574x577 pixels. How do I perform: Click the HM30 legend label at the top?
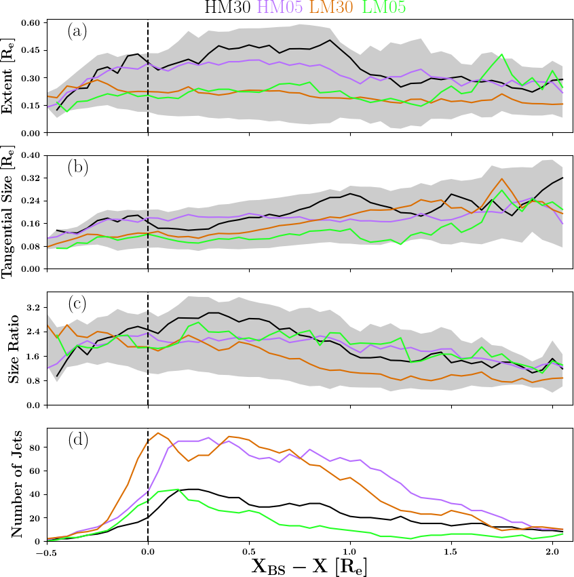[229, 7]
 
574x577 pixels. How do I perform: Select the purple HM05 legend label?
[280, 7]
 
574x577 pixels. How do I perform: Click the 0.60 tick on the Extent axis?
[31, 23]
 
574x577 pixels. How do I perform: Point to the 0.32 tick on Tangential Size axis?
[31, 178]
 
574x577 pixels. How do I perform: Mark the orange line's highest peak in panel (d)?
[158, 433]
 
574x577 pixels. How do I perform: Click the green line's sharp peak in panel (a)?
[501, 54]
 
